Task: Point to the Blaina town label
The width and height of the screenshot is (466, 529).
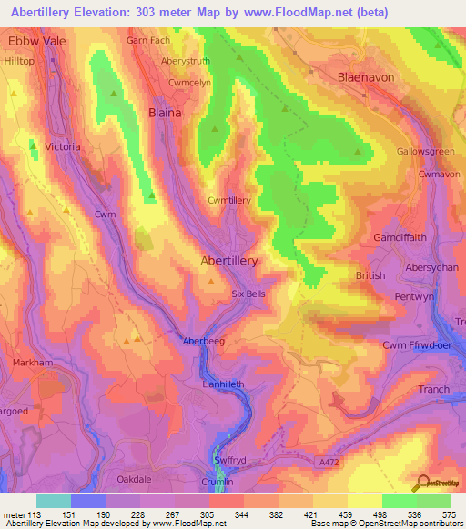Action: coord(165,113)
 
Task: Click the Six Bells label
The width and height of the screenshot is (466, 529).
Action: coord(248,294)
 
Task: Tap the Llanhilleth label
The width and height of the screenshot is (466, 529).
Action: coord(223,384)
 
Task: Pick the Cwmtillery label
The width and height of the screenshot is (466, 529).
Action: coord(228,200)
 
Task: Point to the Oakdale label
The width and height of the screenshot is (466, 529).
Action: coord(138,478)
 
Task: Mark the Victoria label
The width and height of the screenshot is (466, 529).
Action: coord(62,146)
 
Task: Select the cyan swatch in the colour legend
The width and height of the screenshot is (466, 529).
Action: coord(54,501)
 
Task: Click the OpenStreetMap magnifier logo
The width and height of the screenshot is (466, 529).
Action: coord(424,484)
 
